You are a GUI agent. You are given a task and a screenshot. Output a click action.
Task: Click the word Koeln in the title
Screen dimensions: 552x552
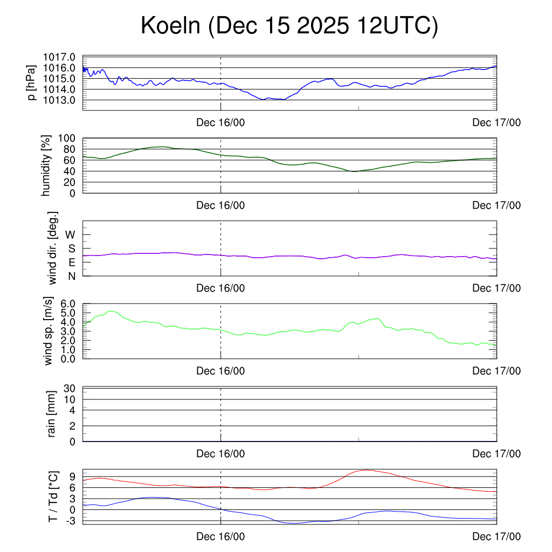[x=170, y=26]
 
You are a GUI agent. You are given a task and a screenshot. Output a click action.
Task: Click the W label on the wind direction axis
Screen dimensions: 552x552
[x=71, y=234]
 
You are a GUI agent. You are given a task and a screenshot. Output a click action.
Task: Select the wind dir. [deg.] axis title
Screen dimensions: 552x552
[x=53, y=248]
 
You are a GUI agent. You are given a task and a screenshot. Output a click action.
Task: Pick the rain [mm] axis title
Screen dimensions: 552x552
[x=52, y=414]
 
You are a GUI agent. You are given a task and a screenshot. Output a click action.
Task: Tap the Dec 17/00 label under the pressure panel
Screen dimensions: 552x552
[x=496, y=123]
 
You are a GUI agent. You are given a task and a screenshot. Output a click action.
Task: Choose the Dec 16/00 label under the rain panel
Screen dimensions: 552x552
[x=220, y=454]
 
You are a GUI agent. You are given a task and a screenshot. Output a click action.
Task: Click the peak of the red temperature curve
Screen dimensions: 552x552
[x=367, y=470]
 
